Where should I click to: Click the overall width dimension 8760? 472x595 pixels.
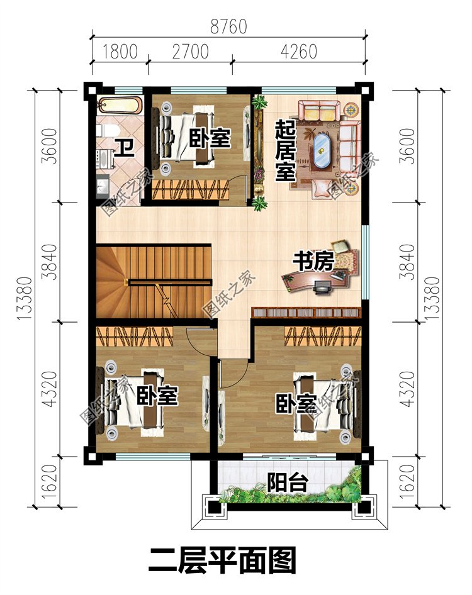pyautogui.click(x=228, y=26)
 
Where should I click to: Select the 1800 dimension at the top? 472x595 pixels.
pyautogui.click(x=120, y=52)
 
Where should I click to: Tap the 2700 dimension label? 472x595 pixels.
pyautogui.click(x=190, y=52)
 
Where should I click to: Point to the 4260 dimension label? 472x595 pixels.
pyautogui.click(x=299, y=52)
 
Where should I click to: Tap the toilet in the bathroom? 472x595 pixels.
pyautogui.click(x=108, y=131)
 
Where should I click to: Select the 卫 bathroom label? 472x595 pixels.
pyautogui.click(x=125, y=148)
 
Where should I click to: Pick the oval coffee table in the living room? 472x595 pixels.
pyautogui.click(x=322, y=150)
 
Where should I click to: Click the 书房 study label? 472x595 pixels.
pyautogui.click(x=313, y=262)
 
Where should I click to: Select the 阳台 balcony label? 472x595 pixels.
pyautogui.click(x=287, y=482)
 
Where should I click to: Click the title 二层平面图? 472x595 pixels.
pyautogui.click(x=222, y=560)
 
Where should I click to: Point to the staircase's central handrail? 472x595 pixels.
pyautogui.click(x=170, y=282)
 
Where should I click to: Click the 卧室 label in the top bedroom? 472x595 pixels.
pyautogui.click(x=210, y=138)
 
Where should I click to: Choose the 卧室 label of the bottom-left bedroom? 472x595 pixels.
pyautogui.click(x=157, y=396)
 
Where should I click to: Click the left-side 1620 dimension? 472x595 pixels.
pyautogui.click(x=50, y=482)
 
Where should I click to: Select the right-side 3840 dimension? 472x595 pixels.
pyautogui.click(x=408, y=262)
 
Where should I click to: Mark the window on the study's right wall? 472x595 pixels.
pyautogui.click(x=365, y=262)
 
